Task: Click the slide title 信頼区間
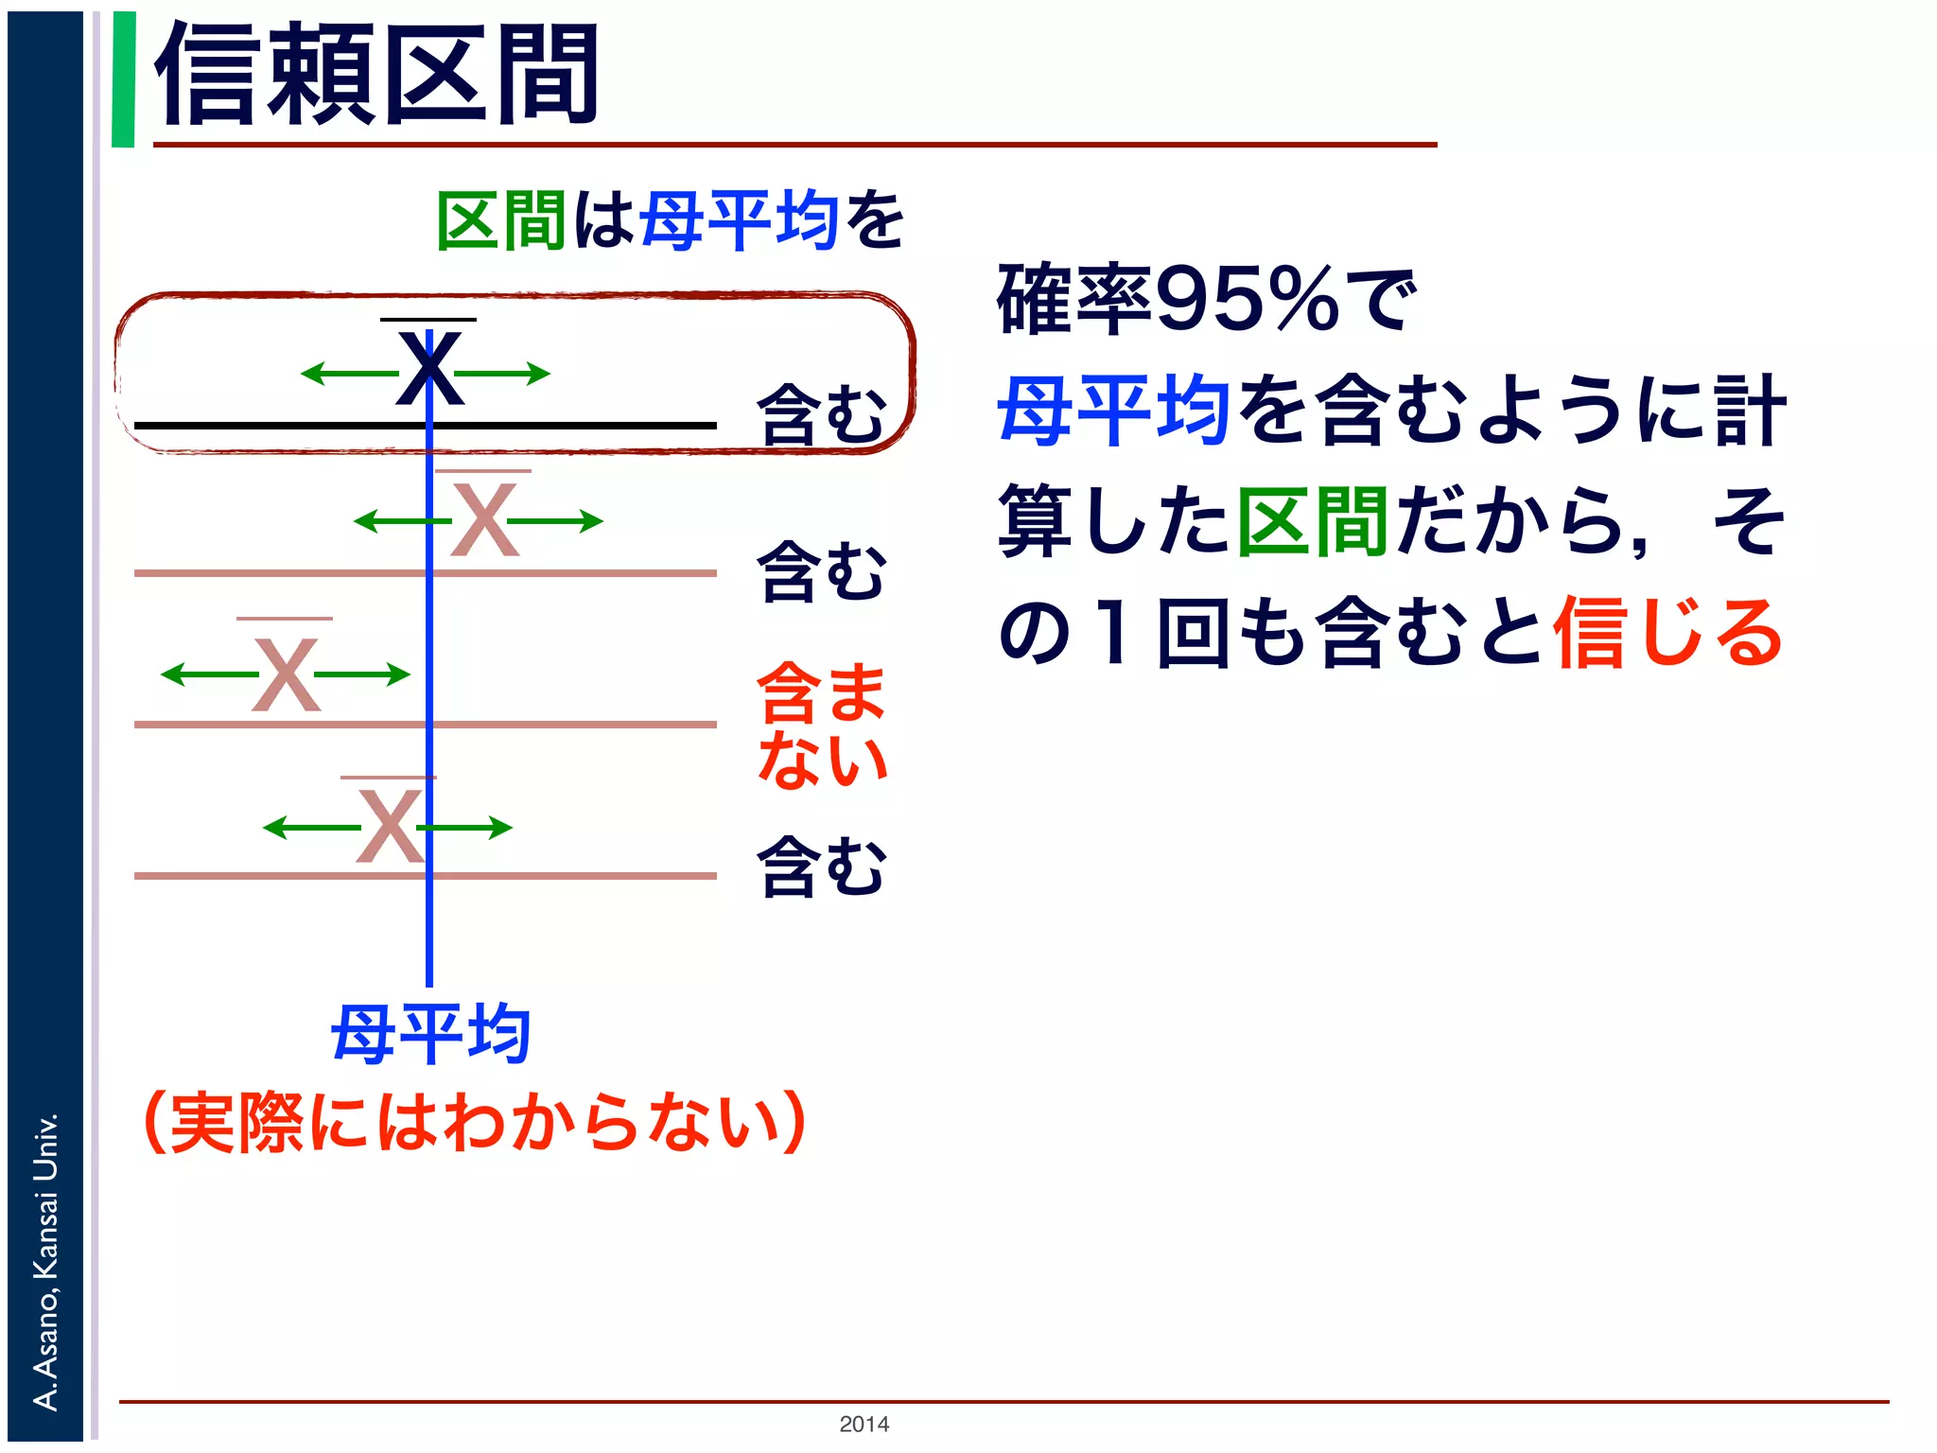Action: pyautogui.click(x=376, y=76)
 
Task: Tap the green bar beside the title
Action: pyautogui.click(x=123, y=79)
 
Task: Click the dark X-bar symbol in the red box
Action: pyautogui.click(x=429, y=367)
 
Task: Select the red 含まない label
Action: pyautogui.click(x=821, y=725)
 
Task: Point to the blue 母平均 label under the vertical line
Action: pyautogui.click(x=430, y=1034)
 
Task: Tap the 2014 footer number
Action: pyautogui.click(x=864, y=1424)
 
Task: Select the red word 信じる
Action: pyautogui.click(x=1667, y=632)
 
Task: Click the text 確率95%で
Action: pyautogui.click(x=1207, y=301)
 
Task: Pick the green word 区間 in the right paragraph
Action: pyautogui.click(x=1312, y=521)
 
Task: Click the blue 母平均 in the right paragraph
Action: pyautogui.click(x=1113, y=411)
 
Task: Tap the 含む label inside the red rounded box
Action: pyautogui.click(x=821, y=414)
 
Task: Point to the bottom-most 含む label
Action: pyautogui.click(x=821, y=866)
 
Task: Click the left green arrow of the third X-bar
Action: pyautogui.click(x=208, y=674)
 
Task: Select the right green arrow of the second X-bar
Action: pyautogui.click(x=556, y=521)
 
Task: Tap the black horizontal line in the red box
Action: pyautogui.click(x=284, y=426)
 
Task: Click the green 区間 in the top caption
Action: pyautogui.click(x=501, y=220)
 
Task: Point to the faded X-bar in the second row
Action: pyautogui.click(x=484, y=519)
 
